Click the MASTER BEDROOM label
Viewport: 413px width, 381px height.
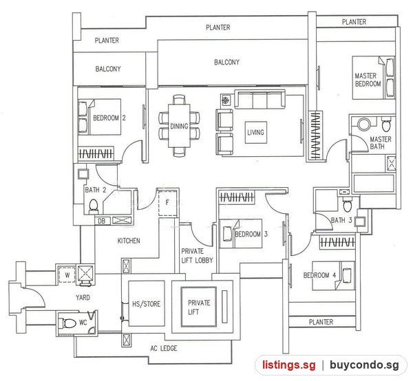(368, 80)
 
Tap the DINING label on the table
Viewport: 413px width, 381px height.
(179, 127)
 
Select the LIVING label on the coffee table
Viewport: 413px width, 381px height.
(255, 132)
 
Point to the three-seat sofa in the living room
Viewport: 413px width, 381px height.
(260, 99)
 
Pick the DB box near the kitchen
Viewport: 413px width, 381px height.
(101, 221)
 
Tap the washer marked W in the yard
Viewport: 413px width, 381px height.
(67, 275)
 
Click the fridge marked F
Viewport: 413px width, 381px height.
(167, 203)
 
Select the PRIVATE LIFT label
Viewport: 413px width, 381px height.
(199, 307)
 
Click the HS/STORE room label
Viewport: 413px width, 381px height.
(146, 304)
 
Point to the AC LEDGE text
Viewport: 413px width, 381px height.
(164, 349)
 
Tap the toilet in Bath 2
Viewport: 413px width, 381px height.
(93, 206)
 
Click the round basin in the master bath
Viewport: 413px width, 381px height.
(364, 124)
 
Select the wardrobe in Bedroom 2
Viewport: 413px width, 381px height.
(96, 153)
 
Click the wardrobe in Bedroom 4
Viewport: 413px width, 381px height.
(337, 242)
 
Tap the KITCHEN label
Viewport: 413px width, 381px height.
(129, 241)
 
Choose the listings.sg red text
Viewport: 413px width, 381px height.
(288, 365)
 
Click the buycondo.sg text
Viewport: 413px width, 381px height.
(364, 365)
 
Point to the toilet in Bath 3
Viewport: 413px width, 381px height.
(347, 204)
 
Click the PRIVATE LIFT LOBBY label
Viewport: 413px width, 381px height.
(197, 256)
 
